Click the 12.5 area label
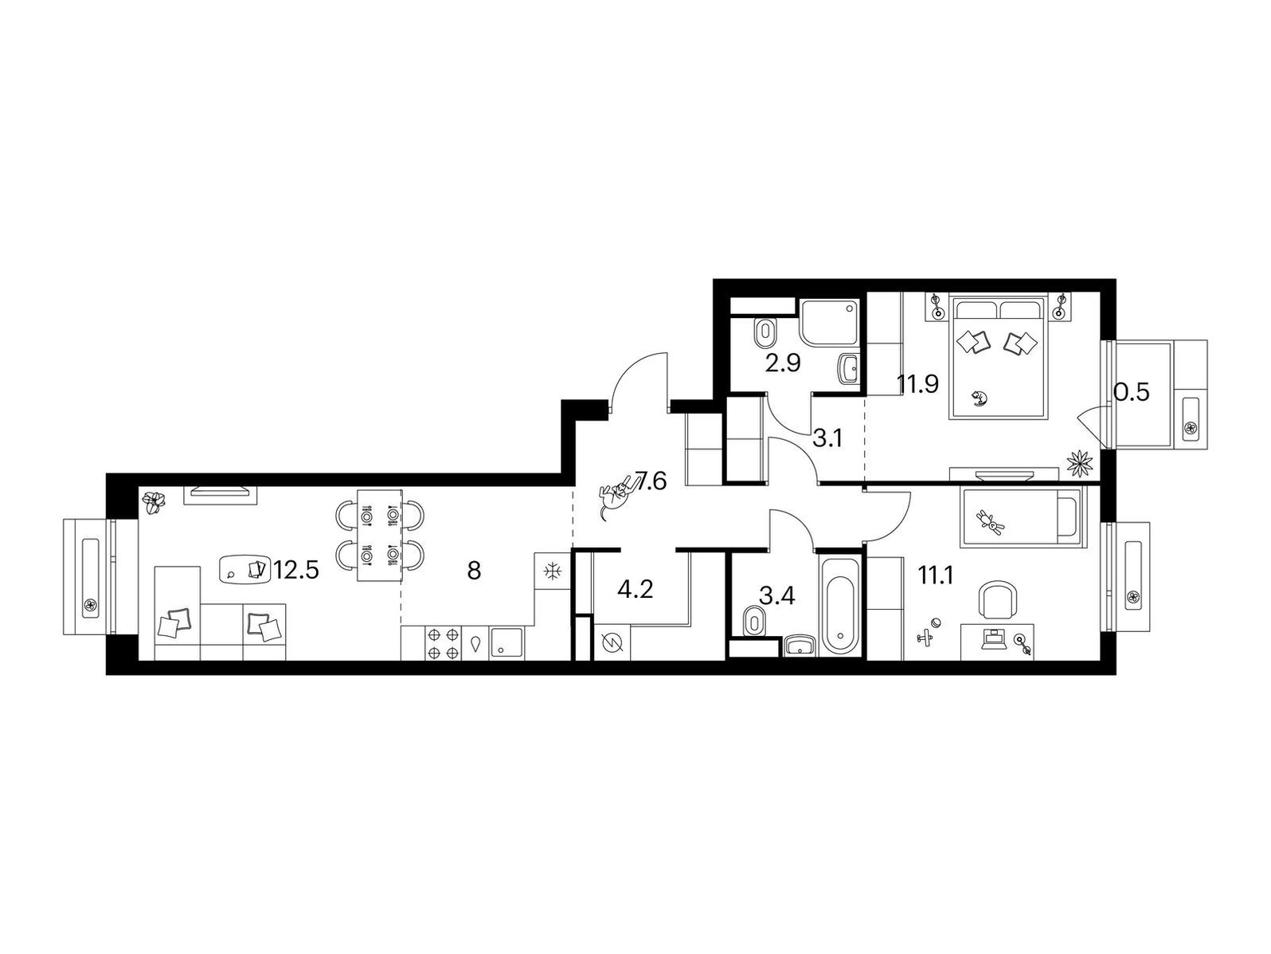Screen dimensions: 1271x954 (x=296, y=571)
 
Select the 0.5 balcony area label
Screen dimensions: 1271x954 (x=1131, y=392)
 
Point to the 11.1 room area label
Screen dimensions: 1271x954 (x=935, y=575)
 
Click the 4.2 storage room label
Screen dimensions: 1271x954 (x=635, y=590)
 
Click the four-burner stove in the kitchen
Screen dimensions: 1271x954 (x=444, y=643)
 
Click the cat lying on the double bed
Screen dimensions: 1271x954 (x=978, y=398)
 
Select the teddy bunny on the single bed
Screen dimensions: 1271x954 (x=992, y=520)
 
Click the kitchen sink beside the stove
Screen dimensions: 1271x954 (x=506, y=643)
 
